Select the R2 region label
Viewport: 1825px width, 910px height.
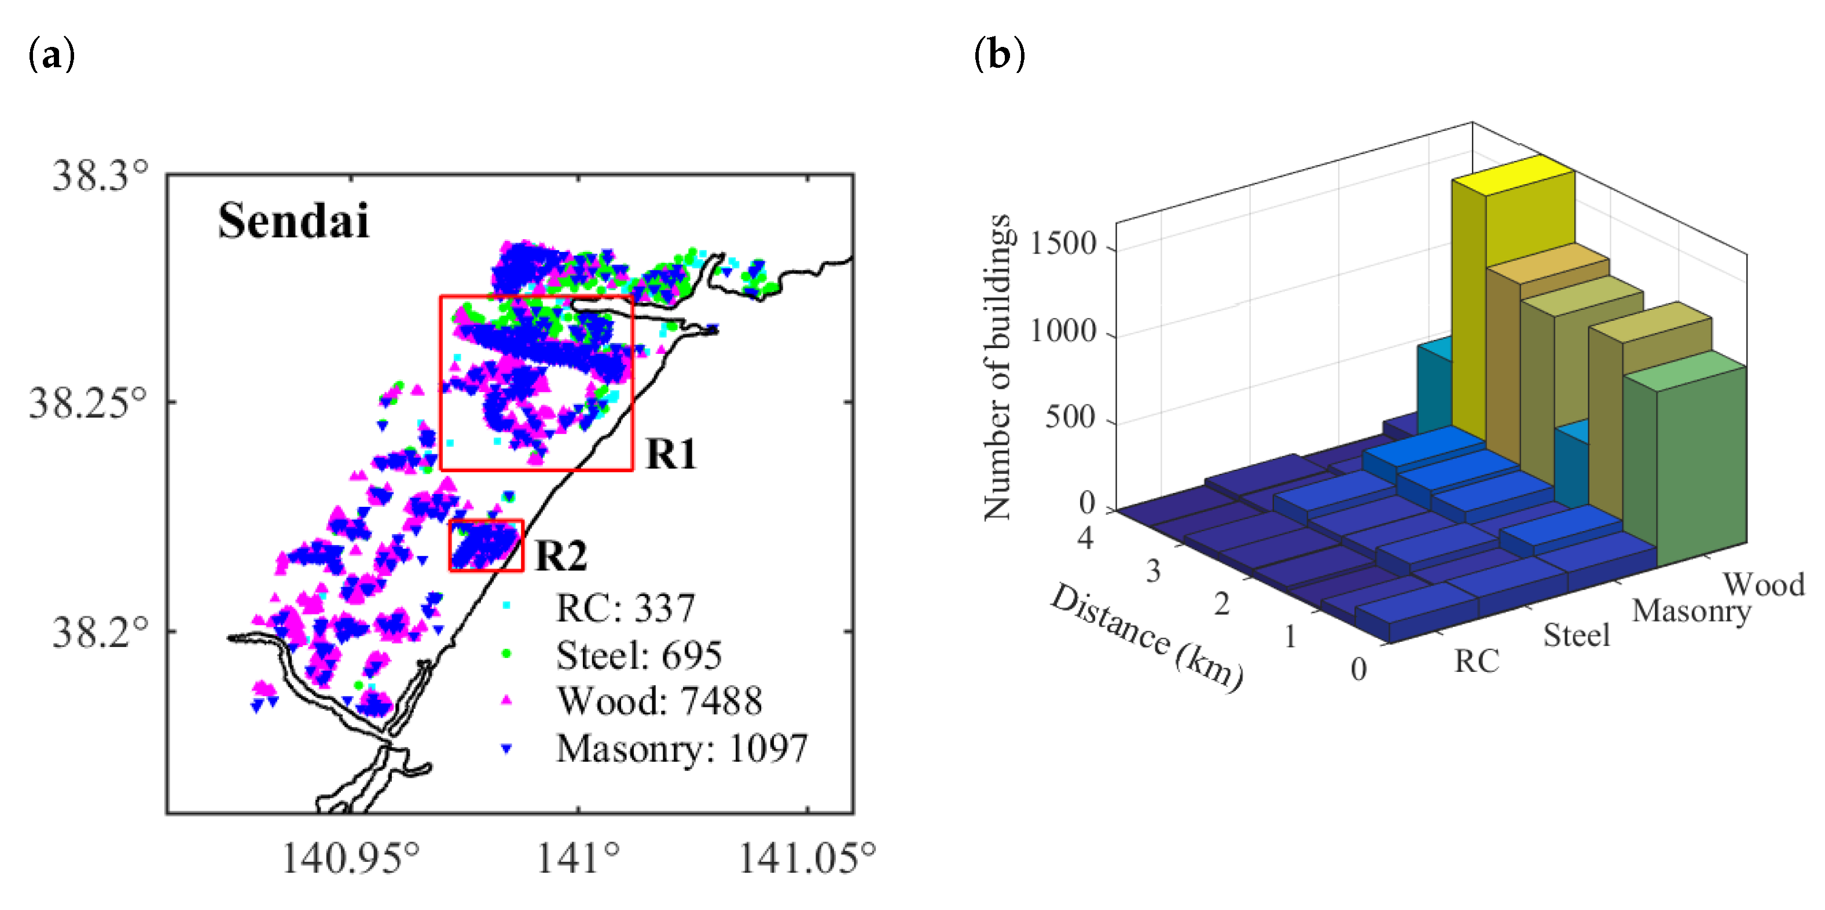pos(560,555)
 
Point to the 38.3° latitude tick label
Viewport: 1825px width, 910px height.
pos(101,175)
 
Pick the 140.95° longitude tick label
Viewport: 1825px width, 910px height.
pos(351,858)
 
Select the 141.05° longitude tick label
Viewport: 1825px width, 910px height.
pos(807,858)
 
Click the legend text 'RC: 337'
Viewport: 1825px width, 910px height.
pos(625,608)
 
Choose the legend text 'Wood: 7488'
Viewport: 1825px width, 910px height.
pos(659,701)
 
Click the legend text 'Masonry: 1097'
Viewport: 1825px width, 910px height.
pos(681,748)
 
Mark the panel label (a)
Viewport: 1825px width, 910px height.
pos(51,54)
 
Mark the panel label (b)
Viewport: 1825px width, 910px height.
pos(1000,54)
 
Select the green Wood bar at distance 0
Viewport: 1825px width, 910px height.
pos(1701,468)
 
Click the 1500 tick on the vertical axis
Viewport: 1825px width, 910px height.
pos(1062,244)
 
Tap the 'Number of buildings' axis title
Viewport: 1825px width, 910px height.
pos(997,367)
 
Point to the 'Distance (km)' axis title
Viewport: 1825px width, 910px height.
pos(1145,637)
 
